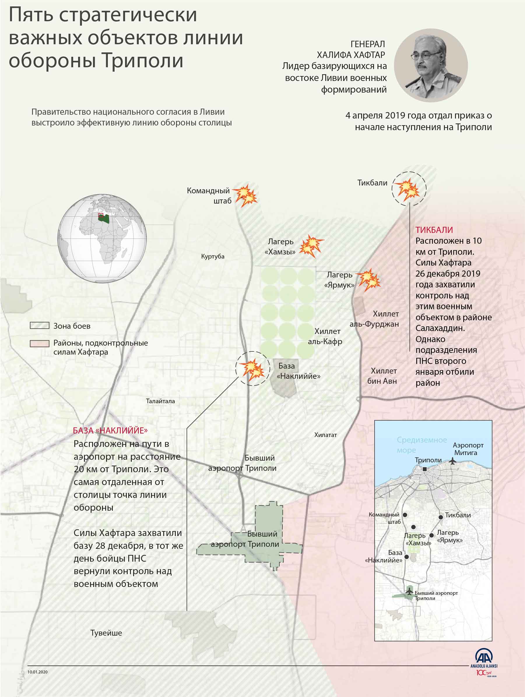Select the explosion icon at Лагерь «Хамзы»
click(311, 246)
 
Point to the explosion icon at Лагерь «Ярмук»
click(368, 279)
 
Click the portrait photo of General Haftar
click(431, 65)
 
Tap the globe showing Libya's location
click(102, 238)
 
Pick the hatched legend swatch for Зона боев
click(39, 325)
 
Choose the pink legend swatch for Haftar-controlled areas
click(39, 344)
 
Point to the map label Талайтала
click(160, 401)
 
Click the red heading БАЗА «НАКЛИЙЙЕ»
click(110, 430)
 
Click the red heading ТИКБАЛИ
click(434, 230)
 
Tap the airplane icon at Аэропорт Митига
click(453, 461)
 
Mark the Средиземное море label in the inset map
click(422, 445)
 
